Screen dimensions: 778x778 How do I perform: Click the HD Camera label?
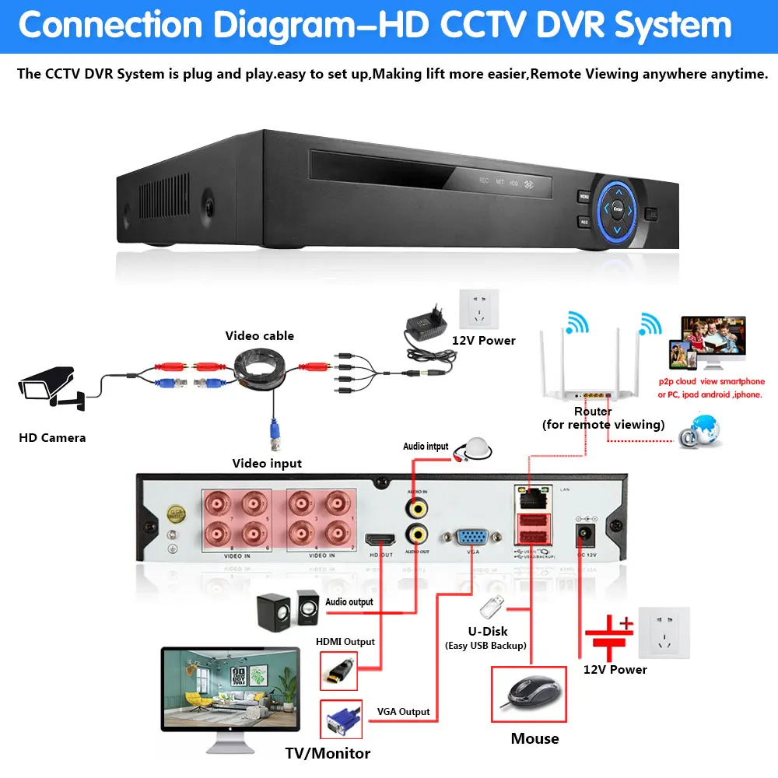pos(52,438)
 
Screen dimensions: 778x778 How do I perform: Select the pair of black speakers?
pos(287,611)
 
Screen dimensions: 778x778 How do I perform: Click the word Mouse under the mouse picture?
pos(534,738)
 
